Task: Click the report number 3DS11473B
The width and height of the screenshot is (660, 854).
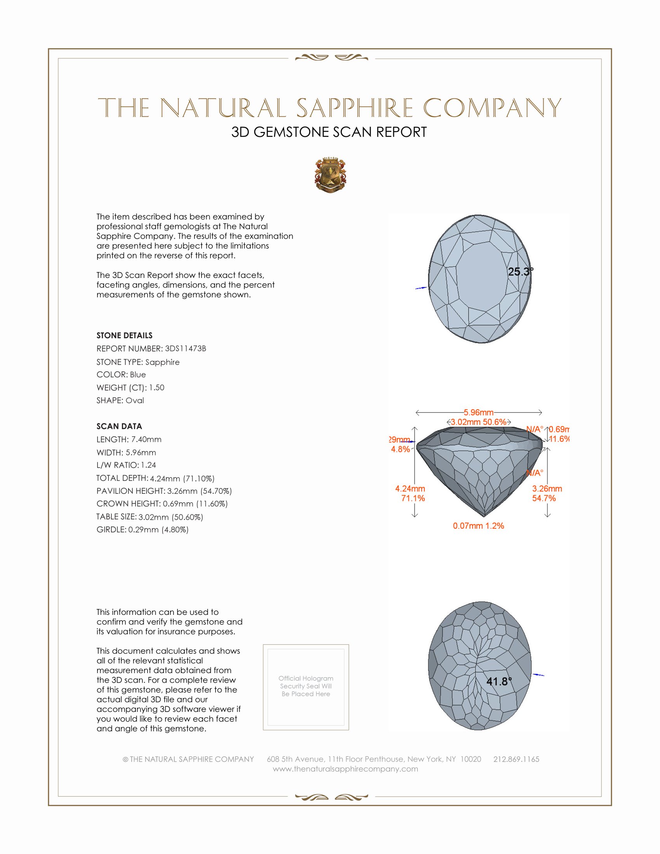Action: coord(185,349)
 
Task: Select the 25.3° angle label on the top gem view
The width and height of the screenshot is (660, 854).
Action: coord(520,272)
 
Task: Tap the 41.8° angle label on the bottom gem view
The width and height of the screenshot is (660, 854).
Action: coord(499,682)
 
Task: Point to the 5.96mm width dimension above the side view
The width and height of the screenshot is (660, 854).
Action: coord(479,413)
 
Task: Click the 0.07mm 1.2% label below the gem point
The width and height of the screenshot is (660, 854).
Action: coord(478,526)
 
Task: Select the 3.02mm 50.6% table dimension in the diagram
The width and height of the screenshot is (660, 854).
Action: coord(479,422)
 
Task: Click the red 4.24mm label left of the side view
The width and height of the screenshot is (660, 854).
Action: coord(410,489)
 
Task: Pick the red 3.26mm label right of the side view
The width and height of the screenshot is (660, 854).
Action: coord(547,489)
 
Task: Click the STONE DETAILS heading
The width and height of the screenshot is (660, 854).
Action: coord(124,335)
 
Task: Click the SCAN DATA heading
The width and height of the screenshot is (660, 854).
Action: coord(119,426)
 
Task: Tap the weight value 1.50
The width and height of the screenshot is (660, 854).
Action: coord(156,387)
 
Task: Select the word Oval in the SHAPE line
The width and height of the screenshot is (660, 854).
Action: coord(134,401)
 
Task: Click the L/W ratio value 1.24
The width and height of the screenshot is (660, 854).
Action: coord(148,465)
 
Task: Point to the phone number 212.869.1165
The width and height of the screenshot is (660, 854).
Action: coord(516,759)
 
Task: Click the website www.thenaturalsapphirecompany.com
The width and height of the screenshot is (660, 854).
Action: coord(345,769)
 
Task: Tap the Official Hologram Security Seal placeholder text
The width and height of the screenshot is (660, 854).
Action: coord(306,686)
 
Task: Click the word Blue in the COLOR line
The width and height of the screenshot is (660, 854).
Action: coord(138,375)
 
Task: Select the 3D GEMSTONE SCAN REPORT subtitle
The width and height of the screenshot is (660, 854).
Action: coord(329,132)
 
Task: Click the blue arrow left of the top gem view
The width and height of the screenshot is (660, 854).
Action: coord(421,288)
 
